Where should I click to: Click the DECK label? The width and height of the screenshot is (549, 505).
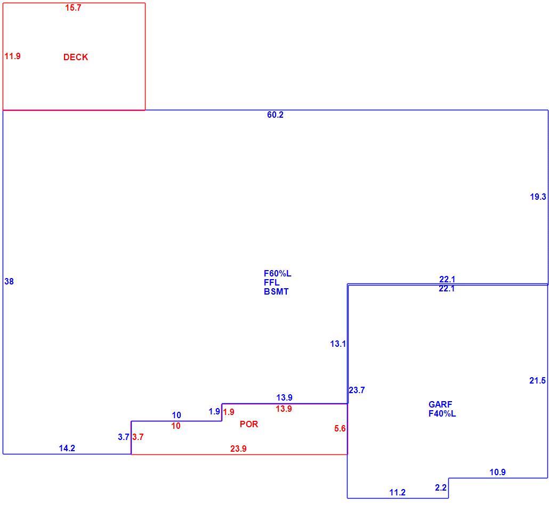pos(76,57)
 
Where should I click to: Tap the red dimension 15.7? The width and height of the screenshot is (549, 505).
pos(73,7)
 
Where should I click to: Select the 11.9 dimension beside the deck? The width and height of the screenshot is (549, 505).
pos(13,56)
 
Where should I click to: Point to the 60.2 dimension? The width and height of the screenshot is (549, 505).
pos(275,115)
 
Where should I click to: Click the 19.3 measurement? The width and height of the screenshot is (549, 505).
pos(538,197)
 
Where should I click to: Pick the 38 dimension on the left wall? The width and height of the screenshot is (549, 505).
pos(9,281)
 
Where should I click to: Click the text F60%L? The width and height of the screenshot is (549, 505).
pos(278,273)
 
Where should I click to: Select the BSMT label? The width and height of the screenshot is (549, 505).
pos(276,291)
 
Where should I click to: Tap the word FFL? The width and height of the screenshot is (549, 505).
pos(272,282)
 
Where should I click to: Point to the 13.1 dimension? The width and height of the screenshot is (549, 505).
pos(338,344)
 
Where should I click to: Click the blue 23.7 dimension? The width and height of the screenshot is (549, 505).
pos(357,390)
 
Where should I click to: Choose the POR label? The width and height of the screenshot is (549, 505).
pos(249,424)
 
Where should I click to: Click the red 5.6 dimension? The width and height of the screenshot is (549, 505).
pos(340,428)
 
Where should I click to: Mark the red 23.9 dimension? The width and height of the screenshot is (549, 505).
pos(238,449)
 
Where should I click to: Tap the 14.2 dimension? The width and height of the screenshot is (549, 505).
pos(67,449)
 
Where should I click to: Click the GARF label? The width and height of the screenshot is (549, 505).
pos(440,404)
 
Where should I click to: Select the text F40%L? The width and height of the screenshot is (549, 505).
pos(442,414)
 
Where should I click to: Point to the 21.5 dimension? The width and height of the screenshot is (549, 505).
pos(537,380)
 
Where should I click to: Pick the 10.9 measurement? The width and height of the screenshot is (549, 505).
pos(497,472)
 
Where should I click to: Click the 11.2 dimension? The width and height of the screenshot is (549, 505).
pos(398,492)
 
